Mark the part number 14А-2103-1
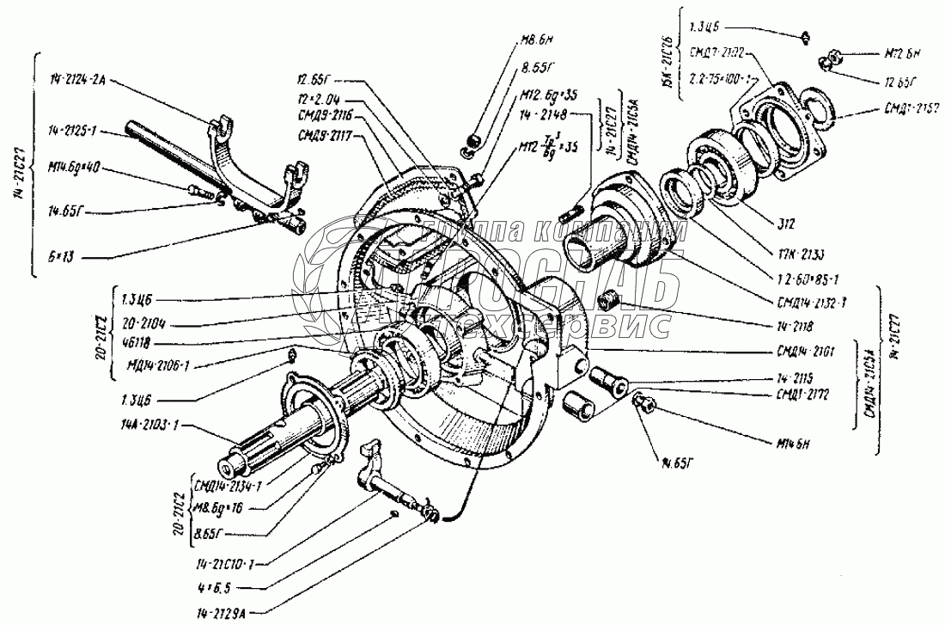[x=148, y=427]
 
